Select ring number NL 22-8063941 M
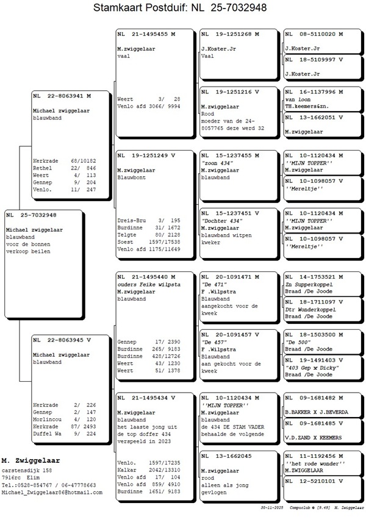click(62, 96)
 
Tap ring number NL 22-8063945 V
click(62, 340)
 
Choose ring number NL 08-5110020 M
click(314, 34)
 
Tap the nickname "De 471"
click(215, 284)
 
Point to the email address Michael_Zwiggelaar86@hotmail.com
click(52, 492)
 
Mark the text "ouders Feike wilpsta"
click(145, 284)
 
